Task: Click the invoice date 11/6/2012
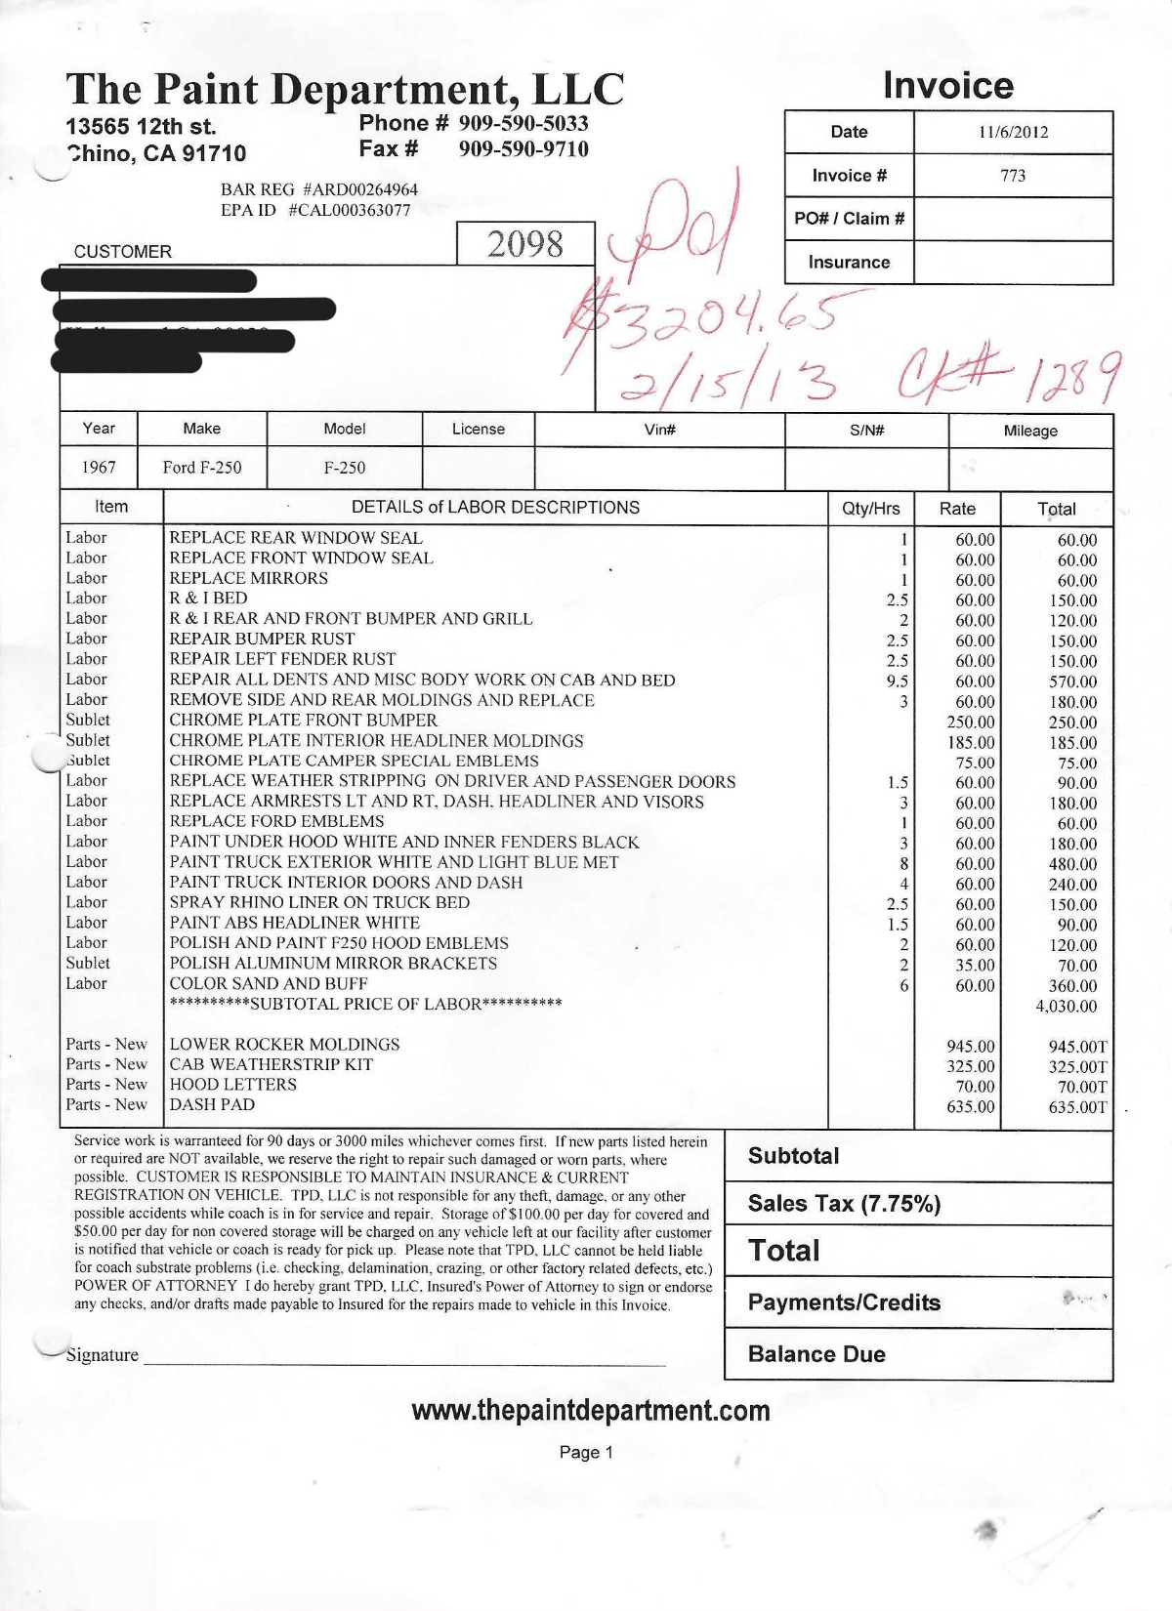coord(1013,132)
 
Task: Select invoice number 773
coord(1013,176)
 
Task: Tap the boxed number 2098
coord(525,243)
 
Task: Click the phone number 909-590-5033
coord(523,123)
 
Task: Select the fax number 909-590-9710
coord(523,149)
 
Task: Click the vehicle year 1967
coord(99,468)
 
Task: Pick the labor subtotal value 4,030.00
coord(1066,1007)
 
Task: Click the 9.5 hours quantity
coord(897,682)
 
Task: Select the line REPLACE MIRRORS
coord(248,578)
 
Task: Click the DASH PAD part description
coord(212,1104)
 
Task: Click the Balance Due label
coord(816,1354)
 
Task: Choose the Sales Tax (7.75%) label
coord(844,1204)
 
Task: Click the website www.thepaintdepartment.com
coord(591,1411)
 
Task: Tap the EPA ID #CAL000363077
coord(315,210)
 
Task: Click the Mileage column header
coord(1030,431)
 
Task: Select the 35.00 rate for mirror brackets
coord(975,966)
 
